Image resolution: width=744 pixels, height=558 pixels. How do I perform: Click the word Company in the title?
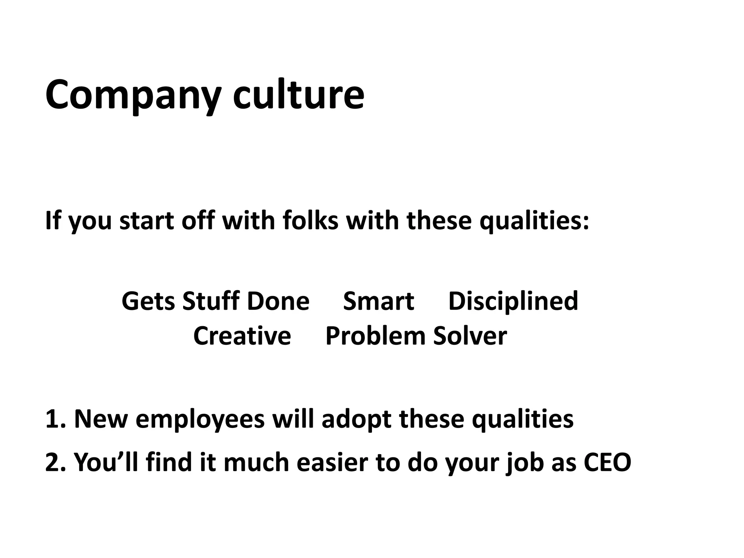133,95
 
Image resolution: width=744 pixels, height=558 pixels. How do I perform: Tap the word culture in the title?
298,95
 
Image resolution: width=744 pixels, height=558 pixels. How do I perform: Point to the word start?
147,221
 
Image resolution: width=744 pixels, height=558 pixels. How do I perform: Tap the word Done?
278,301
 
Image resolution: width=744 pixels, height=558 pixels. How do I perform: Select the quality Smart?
379,301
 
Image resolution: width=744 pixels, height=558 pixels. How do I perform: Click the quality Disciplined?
513,301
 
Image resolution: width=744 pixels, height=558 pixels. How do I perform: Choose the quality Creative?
242,336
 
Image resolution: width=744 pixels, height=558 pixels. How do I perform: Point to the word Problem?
375,336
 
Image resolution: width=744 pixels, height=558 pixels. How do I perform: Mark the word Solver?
470,336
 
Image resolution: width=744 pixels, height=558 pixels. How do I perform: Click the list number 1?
53,419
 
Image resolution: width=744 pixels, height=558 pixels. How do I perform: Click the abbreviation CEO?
607,462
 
